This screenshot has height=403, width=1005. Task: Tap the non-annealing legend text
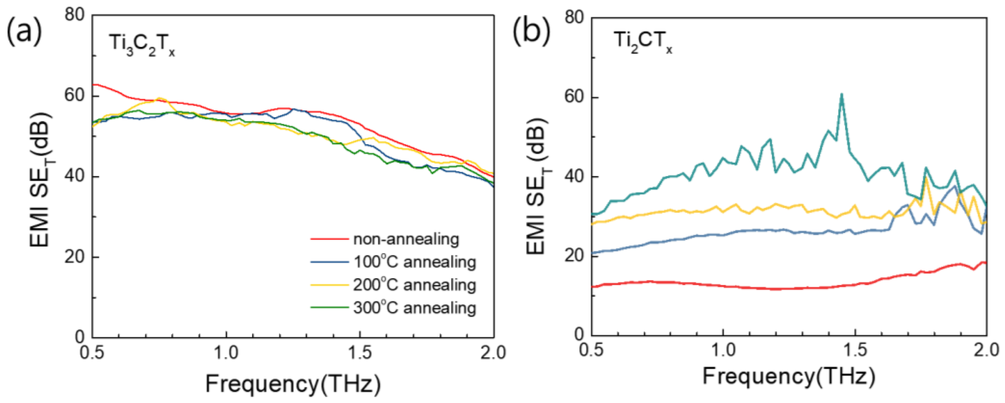[406, 239]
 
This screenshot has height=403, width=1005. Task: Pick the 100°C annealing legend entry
[414, 262]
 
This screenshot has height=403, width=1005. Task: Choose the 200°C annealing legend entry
[414, 285]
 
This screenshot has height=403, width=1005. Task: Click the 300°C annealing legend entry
[414, 308]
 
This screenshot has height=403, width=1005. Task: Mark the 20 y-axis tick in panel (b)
[575, 255]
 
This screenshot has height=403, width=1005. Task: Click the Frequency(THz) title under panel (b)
[789, 376]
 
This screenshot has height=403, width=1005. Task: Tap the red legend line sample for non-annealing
[329, 238]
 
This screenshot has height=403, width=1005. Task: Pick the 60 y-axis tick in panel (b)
[575, 97]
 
